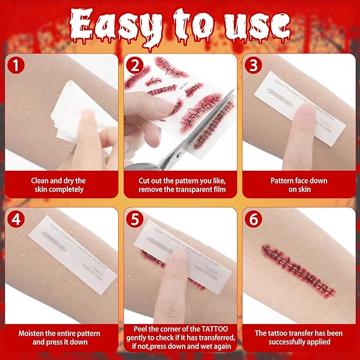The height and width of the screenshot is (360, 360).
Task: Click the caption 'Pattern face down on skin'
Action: (300, 185)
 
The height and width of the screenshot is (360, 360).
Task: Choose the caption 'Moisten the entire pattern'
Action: (59, 333)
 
